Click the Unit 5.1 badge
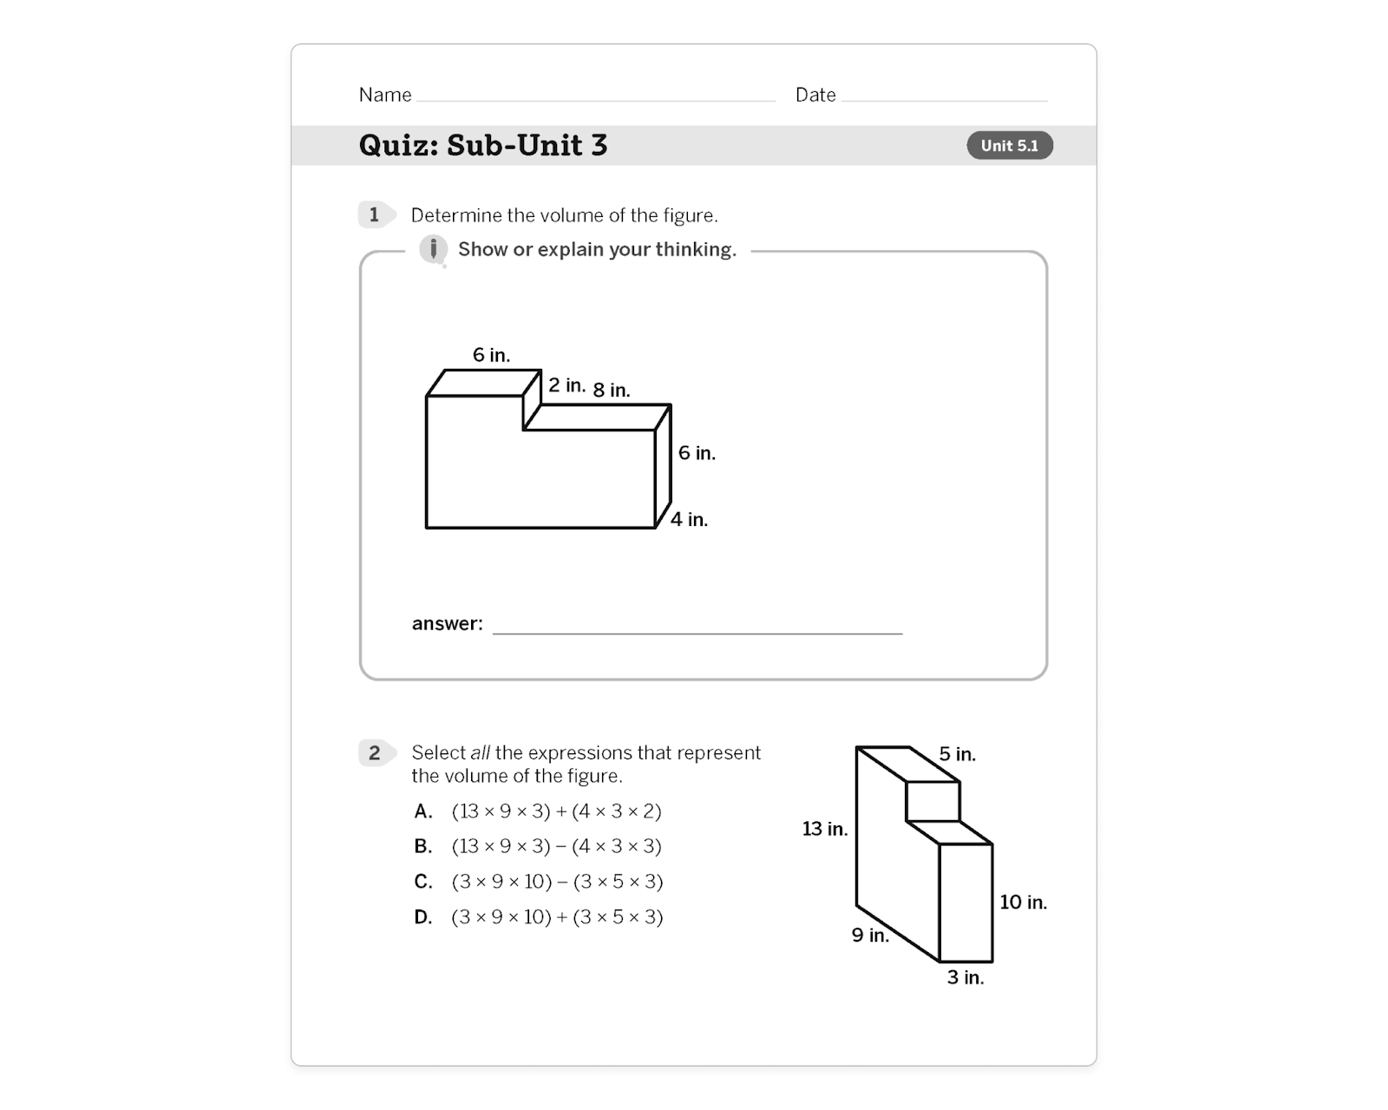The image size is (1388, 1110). coord(1009,146)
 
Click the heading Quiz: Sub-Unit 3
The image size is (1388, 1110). coord(482,145)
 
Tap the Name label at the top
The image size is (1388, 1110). coord(385,95)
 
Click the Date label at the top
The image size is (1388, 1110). coord(815,95)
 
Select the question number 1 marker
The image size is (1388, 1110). coord(374,214)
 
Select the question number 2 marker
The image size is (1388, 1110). coord(374,752)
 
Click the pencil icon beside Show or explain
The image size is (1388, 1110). coord(433,250)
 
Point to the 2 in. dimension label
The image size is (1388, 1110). coord(566,385)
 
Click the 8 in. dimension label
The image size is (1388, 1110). coord(612,391)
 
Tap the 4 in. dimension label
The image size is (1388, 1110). coord(689,520)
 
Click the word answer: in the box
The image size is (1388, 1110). coord(447,624)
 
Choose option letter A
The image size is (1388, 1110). coord(422,811)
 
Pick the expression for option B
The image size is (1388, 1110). coord(556,846)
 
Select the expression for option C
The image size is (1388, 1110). coord(557,882)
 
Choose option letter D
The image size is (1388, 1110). coord(422,917)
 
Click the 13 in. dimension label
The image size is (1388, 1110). coord(824,829)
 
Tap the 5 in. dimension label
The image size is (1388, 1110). coord(957,754)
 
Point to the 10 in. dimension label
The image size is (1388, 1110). coord(1023,903)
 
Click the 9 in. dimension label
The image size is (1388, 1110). coord(869,936)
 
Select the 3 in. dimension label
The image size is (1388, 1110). coord(965,978)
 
